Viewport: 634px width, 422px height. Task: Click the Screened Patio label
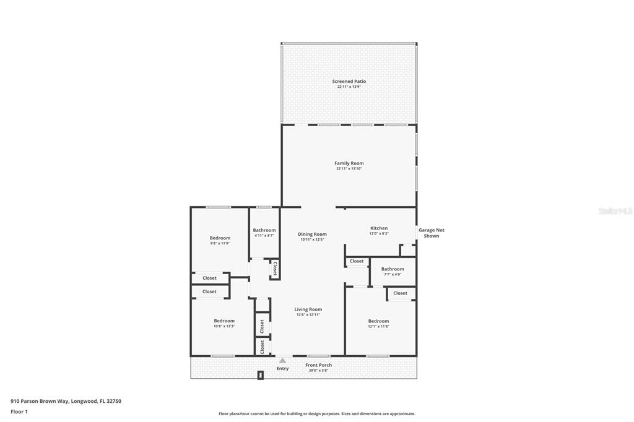(349, 81)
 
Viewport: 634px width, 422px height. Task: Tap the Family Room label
(349, 163)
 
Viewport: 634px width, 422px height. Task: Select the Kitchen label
(379, 228)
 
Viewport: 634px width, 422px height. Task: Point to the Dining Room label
(312, 234)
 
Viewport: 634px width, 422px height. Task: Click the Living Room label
(308, 309)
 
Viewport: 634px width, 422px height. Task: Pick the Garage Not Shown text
(432, 233)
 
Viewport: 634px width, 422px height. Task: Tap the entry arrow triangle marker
(282, 360)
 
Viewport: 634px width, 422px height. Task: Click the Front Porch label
(319, 365)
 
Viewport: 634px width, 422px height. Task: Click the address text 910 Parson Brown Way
(66, 401)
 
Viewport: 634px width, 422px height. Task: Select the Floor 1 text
(19, 411)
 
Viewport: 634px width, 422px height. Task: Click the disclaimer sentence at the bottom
(316, 414)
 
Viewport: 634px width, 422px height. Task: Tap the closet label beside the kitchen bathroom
(357, 261)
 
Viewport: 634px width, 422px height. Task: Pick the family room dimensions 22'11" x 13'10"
(349, 168)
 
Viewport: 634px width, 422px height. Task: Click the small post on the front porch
(261, 375)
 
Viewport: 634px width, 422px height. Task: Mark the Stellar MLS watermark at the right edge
(615, 211)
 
